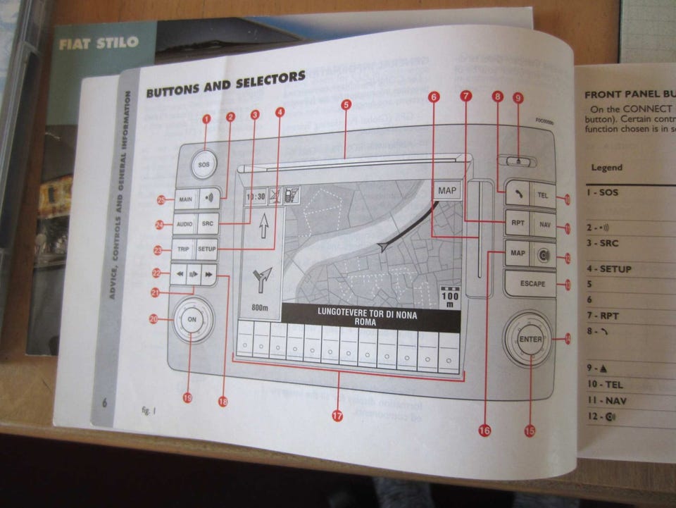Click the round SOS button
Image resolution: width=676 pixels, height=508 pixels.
pos(204,164)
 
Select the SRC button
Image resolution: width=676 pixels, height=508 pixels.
pos(208,224)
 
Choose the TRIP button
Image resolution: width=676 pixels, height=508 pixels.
pos(183,249)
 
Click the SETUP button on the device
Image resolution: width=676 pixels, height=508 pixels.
pos(207,249)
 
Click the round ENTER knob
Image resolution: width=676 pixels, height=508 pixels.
pos(530,340)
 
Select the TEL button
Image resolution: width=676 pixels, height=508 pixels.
pos(542,195)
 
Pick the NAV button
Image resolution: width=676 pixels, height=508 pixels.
pos(544,225)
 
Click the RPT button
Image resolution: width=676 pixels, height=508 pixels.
pos(518,223)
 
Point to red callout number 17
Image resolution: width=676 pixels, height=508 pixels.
pos(337,416)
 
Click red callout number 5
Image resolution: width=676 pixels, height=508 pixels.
pos(346,105)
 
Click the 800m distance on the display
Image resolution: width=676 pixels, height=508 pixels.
pos(261,308)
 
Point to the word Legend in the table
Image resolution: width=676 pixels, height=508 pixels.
pos(606,168)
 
